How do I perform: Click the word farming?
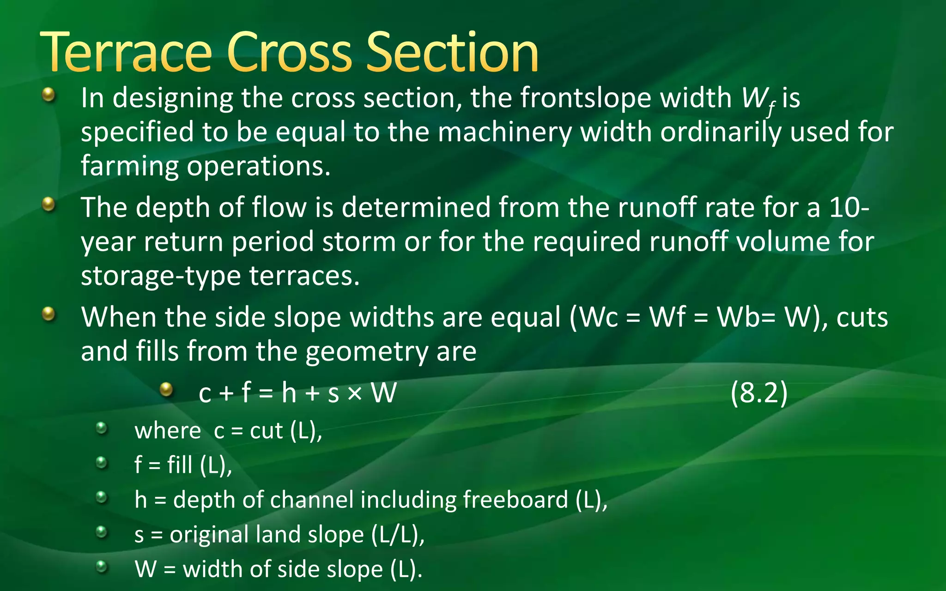click(x=129, y=167)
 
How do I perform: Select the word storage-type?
click(x=161, y=276)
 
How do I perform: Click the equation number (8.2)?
click(x=759, y=393)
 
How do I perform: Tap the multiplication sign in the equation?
click(x=355, y=393)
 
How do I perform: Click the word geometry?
click(x=367, y=352)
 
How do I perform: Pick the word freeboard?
click(x=515, y=500)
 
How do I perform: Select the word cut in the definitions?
click(x=266, y=431)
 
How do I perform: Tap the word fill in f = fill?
click(x=180, y=465)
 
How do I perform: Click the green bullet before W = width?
click(x=101, y=566)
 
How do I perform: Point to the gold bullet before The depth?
click(x=48, y=204)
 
